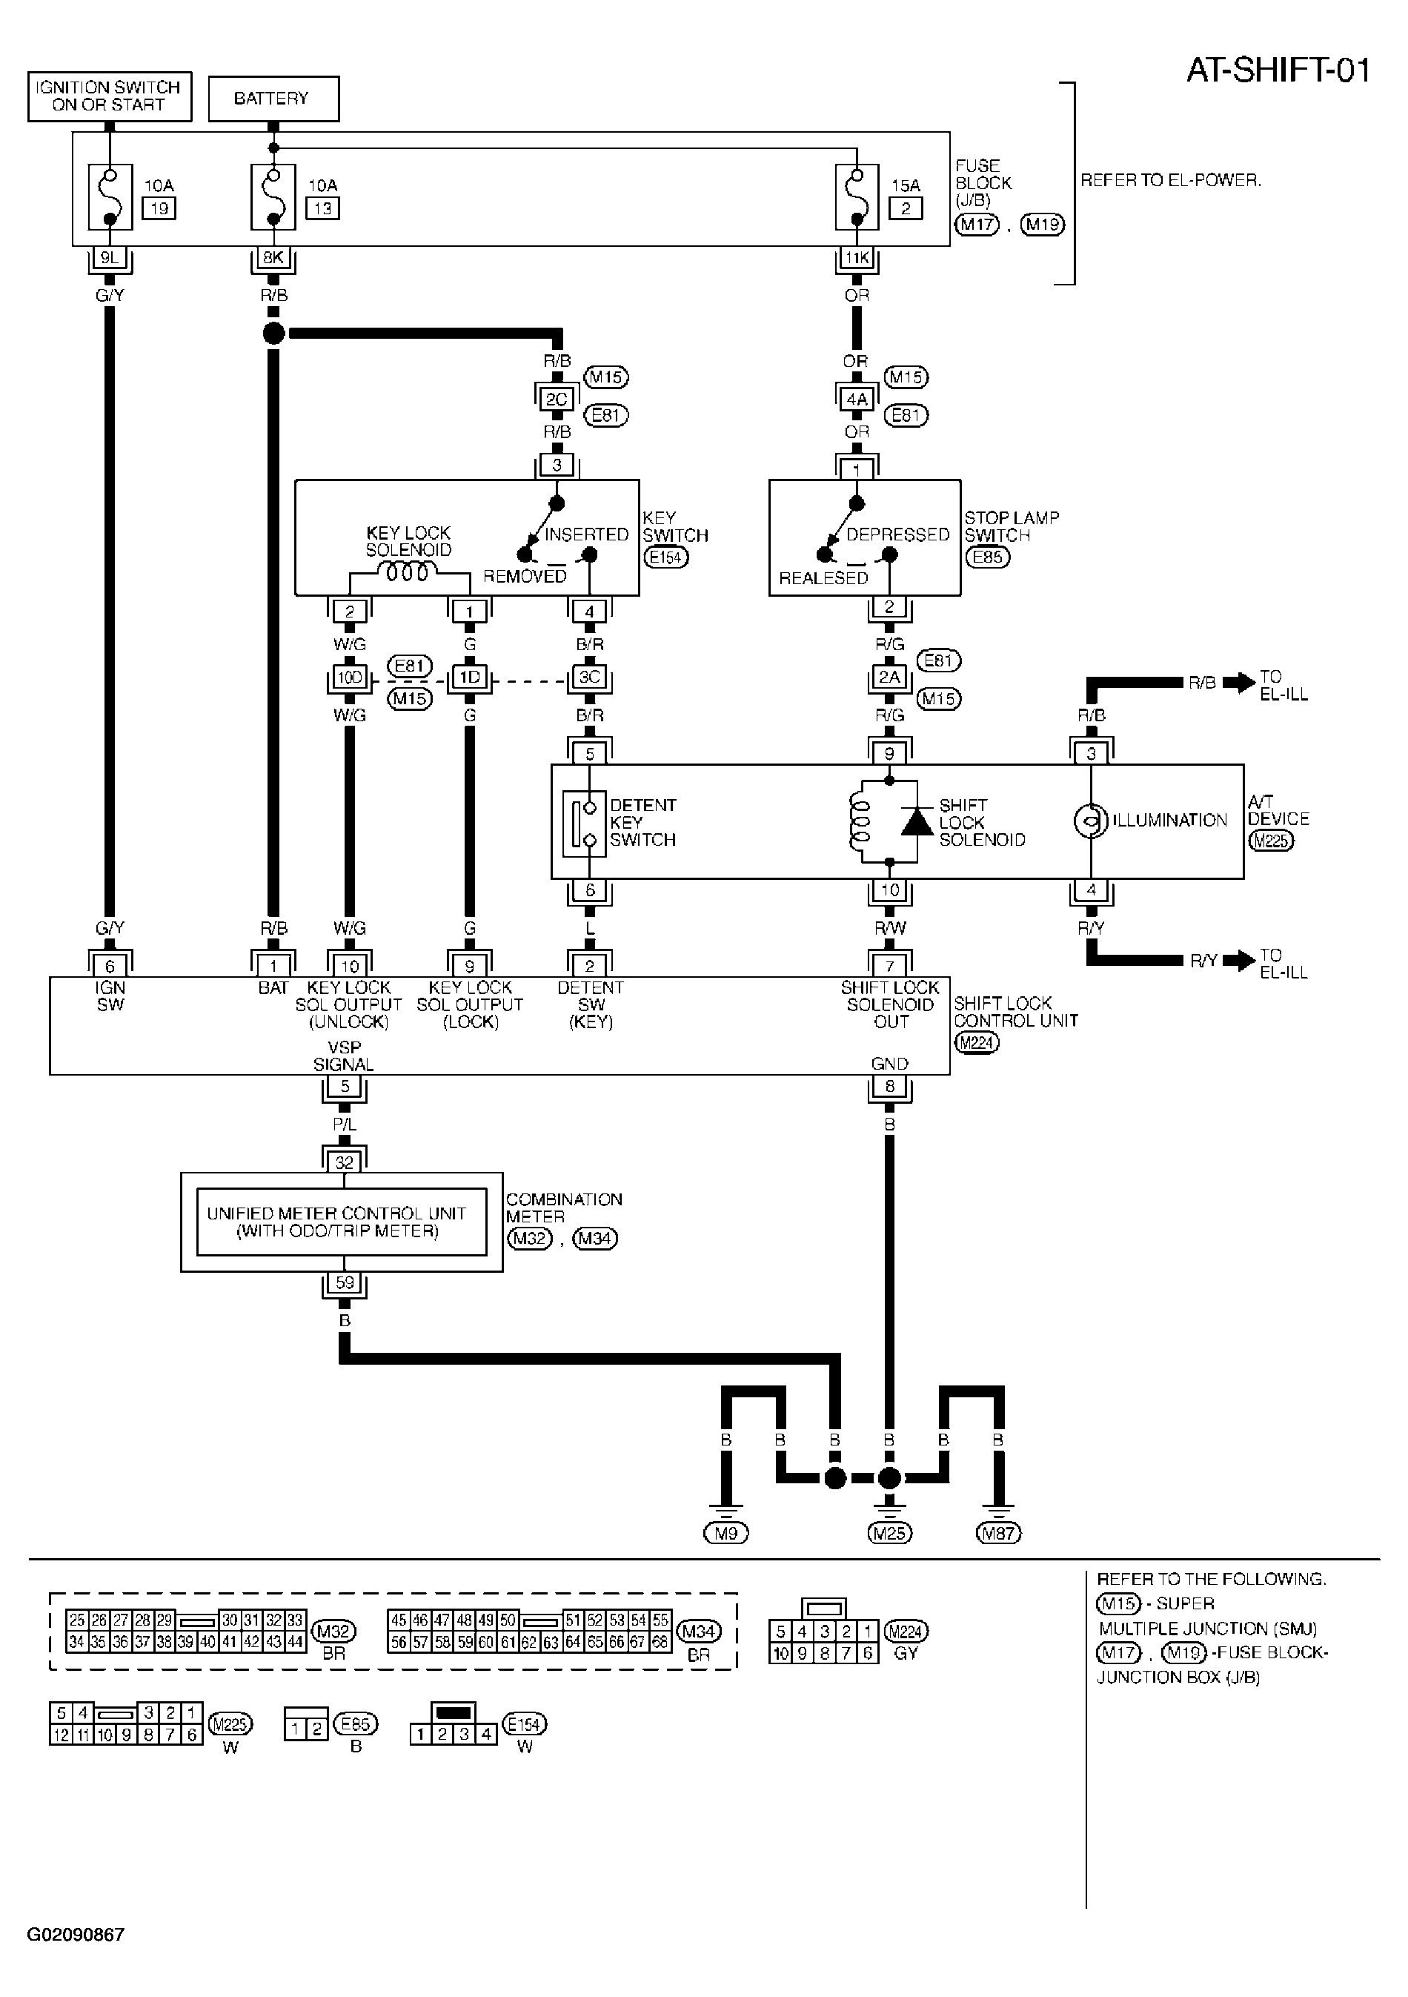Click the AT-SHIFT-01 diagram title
(x=1278, y=70)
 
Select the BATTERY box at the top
(x=273, y=99)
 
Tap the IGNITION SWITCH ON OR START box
(x=110, y=96)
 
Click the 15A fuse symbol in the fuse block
(x=857, y=197)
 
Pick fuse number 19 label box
(x=159, y=209)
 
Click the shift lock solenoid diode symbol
(x=917, y=822)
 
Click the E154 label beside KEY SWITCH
(x=665, y=557)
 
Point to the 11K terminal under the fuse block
(x=857, y=258)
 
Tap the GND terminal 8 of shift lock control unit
(x=889, y=1087)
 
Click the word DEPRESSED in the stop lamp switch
(x=897, y=534)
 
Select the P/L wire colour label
(x=345, y=1125)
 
